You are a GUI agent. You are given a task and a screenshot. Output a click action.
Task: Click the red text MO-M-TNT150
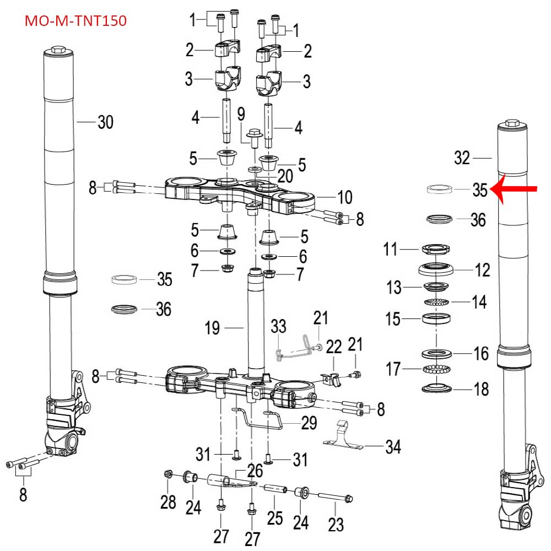tap(76, 21)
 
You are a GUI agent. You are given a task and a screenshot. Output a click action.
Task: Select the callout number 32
tap(463, 158)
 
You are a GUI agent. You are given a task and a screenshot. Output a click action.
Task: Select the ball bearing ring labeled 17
tap(437, 368)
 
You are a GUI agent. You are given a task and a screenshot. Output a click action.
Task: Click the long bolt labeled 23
tap(334, 499)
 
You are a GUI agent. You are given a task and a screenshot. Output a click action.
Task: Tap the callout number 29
tap(310, 423)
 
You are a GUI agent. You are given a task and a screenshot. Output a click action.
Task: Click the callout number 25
tap(274, 517)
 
